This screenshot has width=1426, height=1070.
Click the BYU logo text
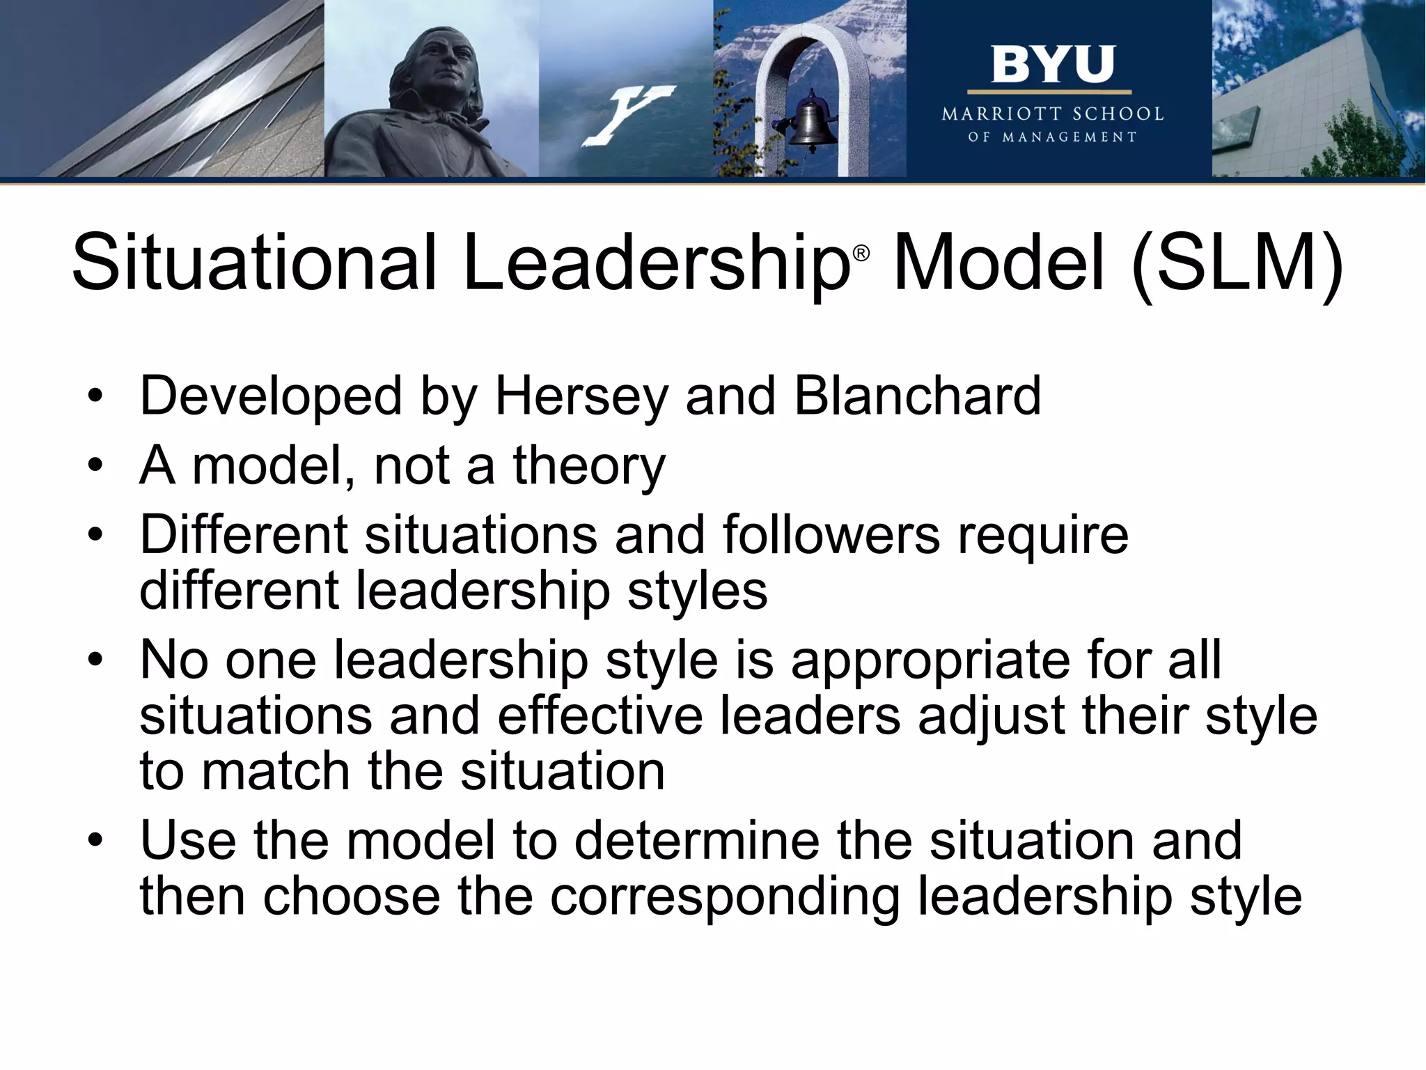[x=1052, y=65]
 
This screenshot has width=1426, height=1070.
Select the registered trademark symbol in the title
[x=861, y=254]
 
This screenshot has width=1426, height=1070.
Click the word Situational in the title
[x=254, y=263]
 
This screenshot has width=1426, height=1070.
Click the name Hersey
[x=581, y=396]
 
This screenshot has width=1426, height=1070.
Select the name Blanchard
[x=917, y=396]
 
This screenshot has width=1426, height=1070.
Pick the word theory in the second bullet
[x=589, y=465]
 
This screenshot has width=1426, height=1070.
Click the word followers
[x=831, y=535]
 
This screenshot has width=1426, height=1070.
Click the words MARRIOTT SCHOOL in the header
[x=1052, y=114]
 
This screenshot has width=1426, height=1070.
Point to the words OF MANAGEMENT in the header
[x=1052, y=137]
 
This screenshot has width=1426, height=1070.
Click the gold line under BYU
[x=1049, y=92]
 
